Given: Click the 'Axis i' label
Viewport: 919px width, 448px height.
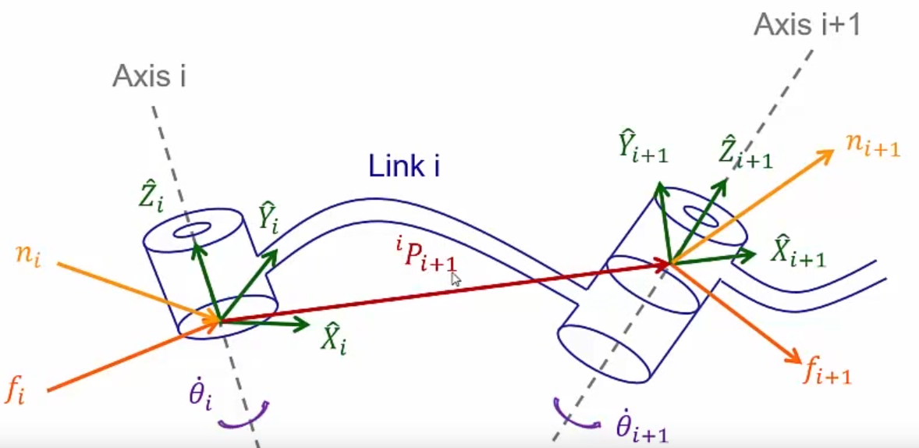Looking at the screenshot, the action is (x=149, y=77).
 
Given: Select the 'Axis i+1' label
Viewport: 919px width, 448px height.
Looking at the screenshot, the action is (x=807, y=25).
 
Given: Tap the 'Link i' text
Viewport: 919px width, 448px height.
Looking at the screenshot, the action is (x=403, y=166).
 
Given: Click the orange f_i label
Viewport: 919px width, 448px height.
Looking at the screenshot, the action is (x=16, y=388).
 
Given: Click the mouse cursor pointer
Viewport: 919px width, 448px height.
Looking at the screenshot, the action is (x=456, y=279).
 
